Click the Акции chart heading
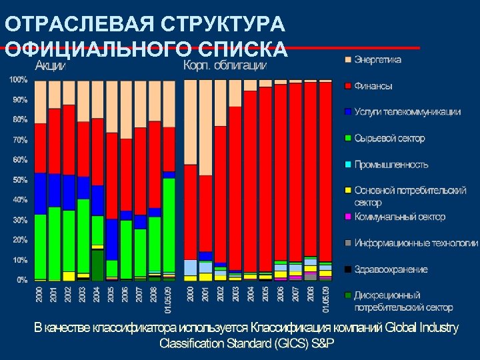pos(50,65)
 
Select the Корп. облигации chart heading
pos(225,65)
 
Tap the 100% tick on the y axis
pos(18,80)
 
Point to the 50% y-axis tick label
pos(19,180)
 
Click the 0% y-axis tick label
pos(22,280)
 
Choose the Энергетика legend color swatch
pos(347,59)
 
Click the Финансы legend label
pos(373,86)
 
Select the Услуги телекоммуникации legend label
pos(407,112)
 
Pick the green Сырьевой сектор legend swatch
pos(347,139)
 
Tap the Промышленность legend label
pos(391,165)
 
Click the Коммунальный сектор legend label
pos(399,217)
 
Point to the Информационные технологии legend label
pos(416,243)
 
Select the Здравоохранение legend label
pos(391,269)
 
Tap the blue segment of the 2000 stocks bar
pos(40,193)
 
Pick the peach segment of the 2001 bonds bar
pos(205,127)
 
